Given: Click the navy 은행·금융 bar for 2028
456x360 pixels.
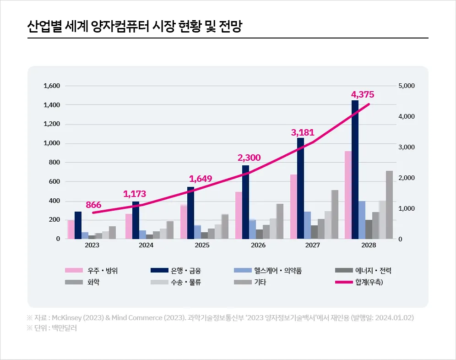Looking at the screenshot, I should [355, 169].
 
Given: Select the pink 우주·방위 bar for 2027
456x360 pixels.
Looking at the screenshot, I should [293, 207].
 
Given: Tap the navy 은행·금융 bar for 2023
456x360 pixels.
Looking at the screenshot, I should [78, 225].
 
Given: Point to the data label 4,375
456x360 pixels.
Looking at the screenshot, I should [363, 95].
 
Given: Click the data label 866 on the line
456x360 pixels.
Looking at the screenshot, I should [93, 205].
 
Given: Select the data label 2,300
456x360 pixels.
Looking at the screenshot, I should [249, 158].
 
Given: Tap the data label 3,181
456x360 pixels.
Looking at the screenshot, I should [303, 133].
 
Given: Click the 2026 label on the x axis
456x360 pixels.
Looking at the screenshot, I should [258, 245].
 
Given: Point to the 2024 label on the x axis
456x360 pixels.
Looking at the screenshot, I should [146, 245].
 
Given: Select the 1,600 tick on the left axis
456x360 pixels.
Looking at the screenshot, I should [52, 86].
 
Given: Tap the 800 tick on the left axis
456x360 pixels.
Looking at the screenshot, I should [55, 163].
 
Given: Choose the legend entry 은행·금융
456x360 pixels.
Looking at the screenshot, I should [185, 271].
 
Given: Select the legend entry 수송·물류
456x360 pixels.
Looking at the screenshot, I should [186, 282].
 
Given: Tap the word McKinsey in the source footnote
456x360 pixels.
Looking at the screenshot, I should [66, 317].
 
